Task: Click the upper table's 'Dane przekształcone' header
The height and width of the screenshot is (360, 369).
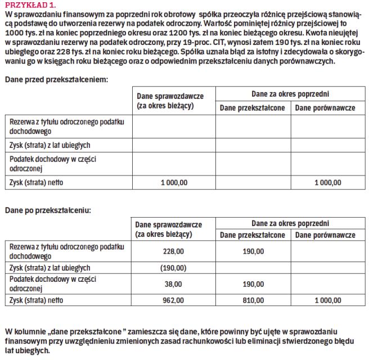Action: pyautogui.click(x=253, y=107)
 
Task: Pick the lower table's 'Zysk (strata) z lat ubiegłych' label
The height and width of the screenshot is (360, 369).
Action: pyautogui.click(x=50, y=268)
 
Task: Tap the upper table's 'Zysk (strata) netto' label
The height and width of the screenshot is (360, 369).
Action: pyautogui.click(x=37, y=182)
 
